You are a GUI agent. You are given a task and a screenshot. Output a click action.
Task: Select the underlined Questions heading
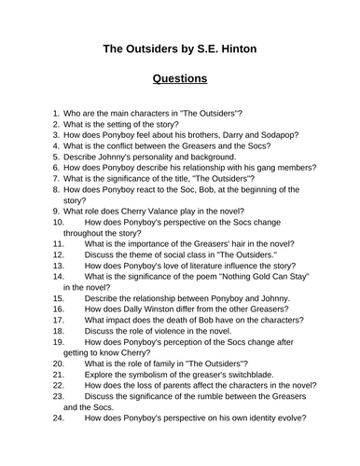coord(180,79)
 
